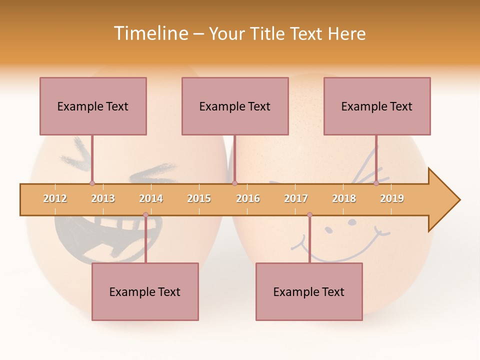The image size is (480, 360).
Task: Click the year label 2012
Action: click(55, 198)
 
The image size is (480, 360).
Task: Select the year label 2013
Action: click(103, 198)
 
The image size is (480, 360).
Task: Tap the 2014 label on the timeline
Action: click(151, 198)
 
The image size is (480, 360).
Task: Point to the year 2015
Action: click(199, 198)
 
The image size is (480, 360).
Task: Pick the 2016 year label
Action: click(248, 198)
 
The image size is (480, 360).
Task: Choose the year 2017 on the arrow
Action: click(296, 198)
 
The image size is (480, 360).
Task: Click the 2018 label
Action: click(344, 198)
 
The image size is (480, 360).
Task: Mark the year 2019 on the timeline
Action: click(392, 198)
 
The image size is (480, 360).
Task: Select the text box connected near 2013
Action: click(93, 106)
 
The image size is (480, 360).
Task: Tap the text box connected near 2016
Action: click(235, 106)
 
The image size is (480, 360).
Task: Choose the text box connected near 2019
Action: click(377, 106)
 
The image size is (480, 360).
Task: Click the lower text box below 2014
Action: click(145, 291)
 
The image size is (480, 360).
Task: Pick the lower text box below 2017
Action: click(309, 291)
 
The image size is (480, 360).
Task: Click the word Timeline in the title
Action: click(150, 33)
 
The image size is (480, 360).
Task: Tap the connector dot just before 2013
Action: click(92, 183)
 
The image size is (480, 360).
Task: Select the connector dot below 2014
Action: click(145, 215)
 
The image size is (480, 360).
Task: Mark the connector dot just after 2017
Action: click(309, 215)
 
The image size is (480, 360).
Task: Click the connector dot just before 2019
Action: click(376, 183)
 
